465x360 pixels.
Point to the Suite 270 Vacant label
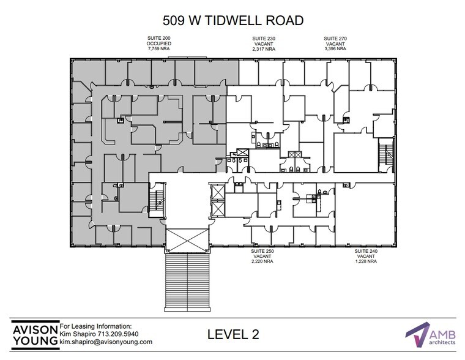(335, 42)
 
